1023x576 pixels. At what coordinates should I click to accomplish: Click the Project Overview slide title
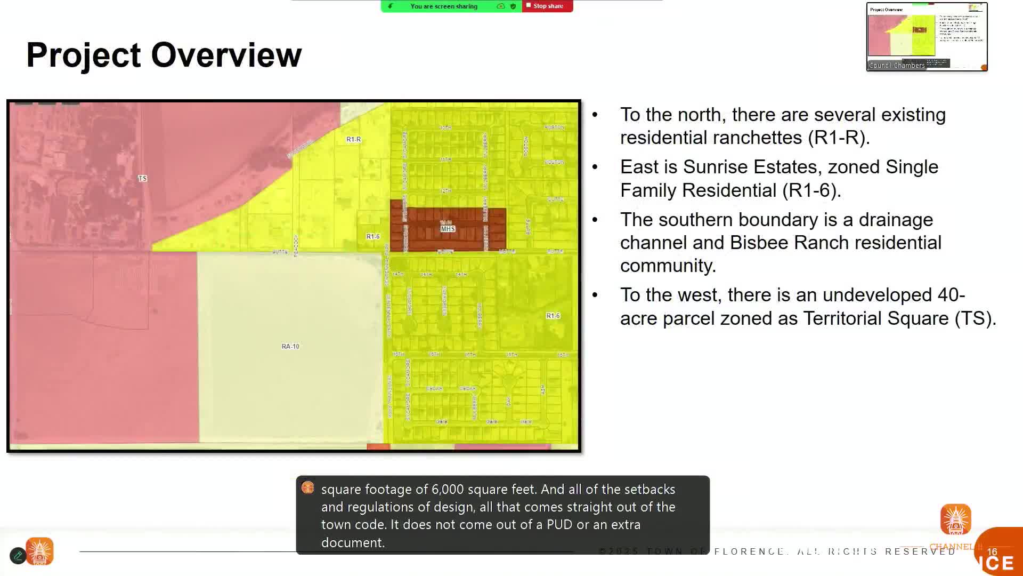pos(164,55)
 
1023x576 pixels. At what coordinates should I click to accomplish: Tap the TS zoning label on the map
pos(142,178)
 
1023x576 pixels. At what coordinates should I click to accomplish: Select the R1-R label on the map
pos(354,139)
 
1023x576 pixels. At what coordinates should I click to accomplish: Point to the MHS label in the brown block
pos(448,229)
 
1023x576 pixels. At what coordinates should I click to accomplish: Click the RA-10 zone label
pos(290,346)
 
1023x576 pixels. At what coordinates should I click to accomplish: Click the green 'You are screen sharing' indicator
pos(444,6)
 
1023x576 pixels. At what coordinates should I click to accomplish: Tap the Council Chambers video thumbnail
pos(927,36)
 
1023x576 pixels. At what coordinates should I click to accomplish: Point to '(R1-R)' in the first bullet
pos(838,138)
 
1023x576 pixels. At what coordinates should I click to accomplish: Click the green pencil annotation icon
pos(18,556)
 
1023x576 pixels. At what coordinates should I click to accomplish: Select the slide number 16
pos(992,552)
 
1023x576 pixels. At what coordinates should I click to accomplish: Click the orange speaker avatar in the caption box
pos(308,488)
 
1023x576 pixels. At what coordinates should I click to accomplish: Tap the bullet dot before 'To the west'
pos(595,295)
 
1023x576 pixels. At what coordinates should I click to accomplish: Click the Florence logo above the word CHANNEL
pos(955,519)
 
